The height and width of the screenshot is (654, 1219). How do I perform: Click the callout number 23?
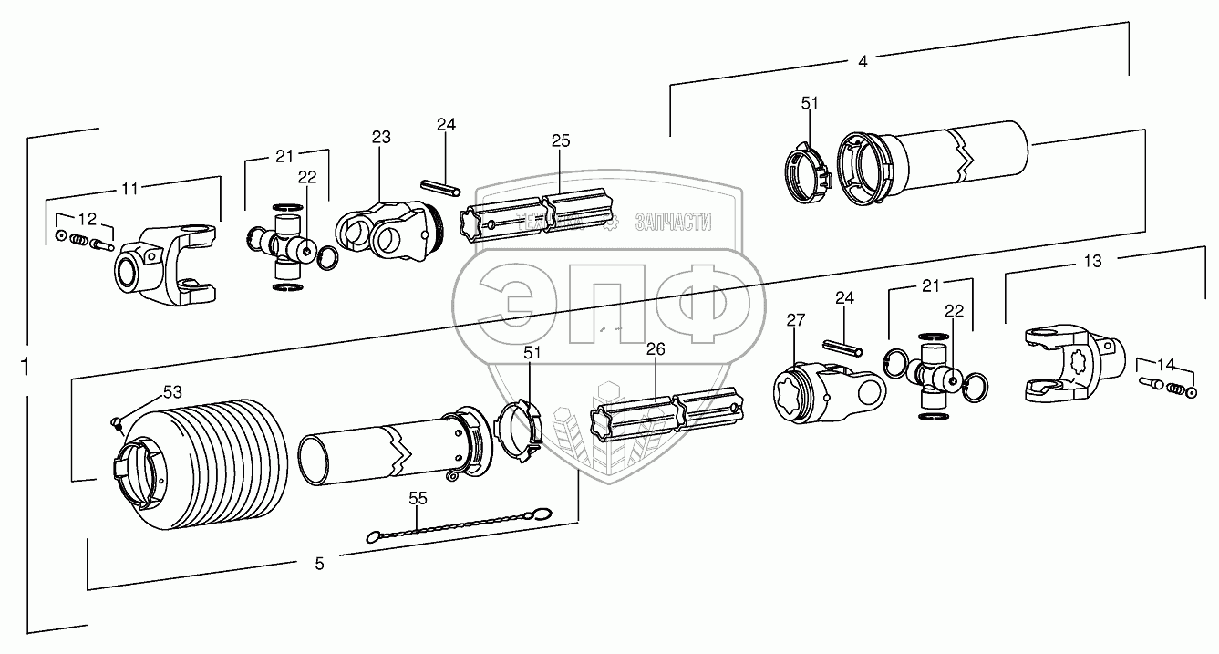tap(380, 138)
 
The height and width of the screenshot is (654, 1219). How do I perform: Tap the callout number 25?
tap(561, 141)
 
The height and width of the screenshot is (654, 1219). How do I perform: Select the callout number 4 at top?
tap(863, 62)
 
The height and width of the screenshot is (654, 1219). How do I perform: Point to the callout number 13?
tap(1092, 262)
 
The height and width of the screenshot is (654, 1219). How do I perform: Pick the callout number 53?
tap(172, 392)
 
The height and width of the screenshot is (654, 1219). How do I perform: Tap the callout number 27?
tap(795, 320)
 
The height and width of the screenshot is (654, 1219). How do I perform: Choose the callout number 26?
tap(656, 349)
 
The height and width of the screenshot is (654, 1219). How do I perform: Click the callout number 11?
tap(130, 189)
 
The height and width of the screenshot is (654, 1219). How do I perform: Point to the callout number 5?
tap(319, 564)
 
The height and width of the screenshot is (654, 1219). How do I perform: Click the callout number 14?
tap(1163, 362)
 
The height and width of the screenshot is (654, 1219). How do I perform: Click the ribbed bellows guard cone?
tap(201, 461)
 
